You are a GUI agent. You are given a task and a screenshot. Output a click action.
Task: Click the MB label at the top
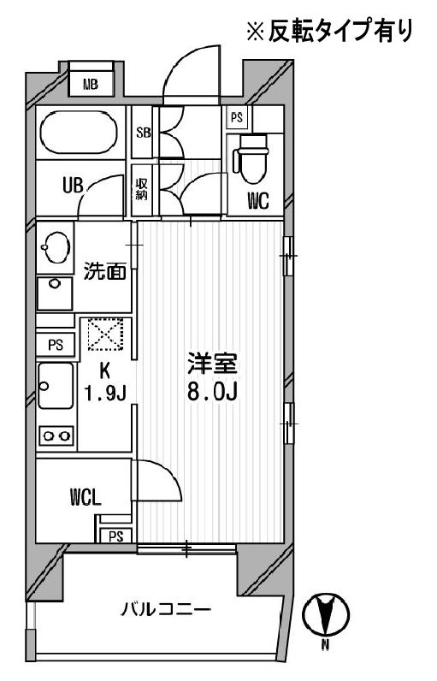click(x=90, y=84)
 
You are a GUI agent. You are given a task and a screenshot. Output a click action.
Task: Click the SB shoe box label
click(x=143, y=132)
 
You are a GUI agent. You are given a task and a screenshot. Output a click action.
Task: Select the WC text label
click(x=258, y=202)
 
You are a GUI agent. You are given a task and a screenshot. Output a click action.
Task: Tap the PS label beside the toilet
click(x=236, y=117)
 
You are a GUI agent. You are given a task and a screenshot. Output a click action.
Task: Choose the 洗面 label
click(x=105, y=272)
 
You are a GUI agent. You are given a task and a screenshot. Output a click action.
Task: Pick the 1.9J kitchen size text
click(x=104, y=394)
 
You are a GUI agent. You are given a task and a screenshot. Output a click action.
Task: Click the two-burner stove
click(x=56, y=436)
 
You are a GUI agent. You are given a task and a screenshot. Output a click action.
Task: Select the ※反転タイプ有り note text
click(x=330, y=33)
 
